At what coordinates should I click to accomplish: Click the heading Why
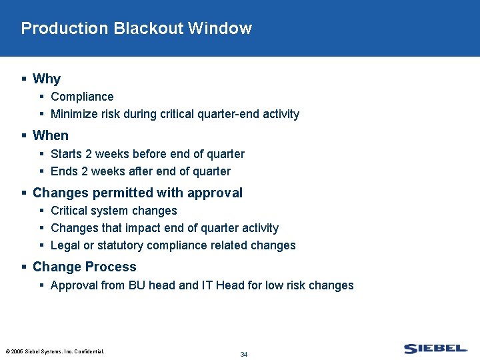pyautogui.click(x=47, y=79)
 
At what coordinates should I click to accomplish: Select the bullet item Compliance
pyautogui.click(x=82, y=97)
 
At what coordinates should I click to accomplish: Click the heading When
pyautogui.click(x=51, y=135)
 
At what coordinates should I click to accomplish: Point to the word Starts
pyautogui.click(x=66, y=154)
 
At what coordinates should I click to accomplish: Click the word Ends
pyautogui.click(x=65, y=171)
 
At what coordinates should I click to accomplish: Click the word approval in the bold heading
pyautogui.click(x=217, y=193)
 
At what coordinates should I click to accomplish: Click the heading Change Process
pyautogui.click(x=84, y=267)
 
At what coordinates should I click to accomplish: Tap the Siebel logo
pyautogui.click(x=435, y=349)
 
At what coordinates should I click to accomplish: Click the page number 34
pyautogui.click(x=243, y=354)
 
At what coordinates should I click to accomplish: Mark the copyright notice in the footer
pyautogui.click(x=55, y=351)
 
